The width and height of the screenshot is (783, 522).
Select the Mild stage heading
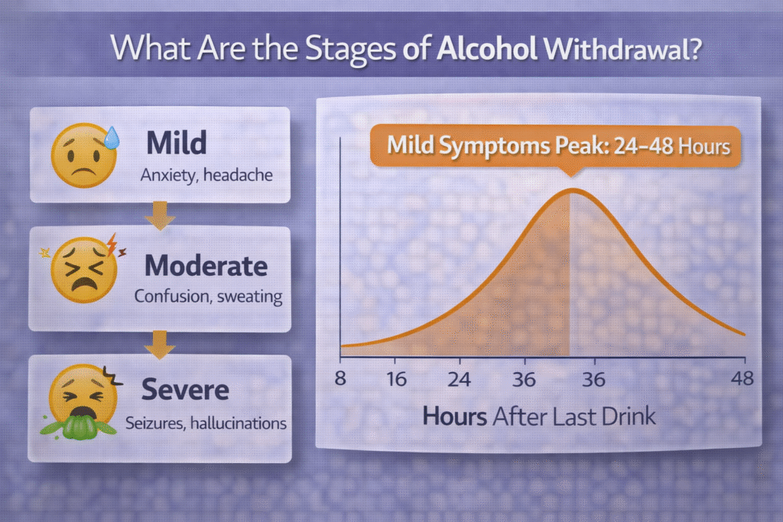click(177, 143)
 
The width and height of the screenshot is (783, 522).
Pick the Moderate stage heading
click(206, 266)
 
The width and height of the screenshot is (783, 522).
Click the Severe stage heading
click(185, 390)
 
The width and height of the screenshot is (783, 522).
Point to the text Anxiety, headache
click(206, 176)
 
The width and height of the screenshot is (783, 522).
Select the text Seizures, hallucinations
click(206, 422)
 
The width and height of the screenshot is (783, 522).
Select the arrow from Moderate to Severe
click(160, 342)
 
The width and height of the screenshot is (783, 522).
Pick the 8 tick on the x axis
click(340, 378)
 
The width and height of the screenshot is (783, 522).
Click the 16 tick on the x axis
click(395, 378)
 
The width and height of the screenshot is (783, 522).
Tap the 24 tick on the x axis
click(459, 378)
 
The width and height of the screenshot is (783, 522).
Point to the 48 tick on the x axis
click(742, 378)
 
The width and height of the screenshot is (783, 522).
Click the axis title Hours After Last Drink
click(539, 417)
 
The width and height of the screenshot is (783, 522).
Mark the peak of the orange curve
click(570, 190)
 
